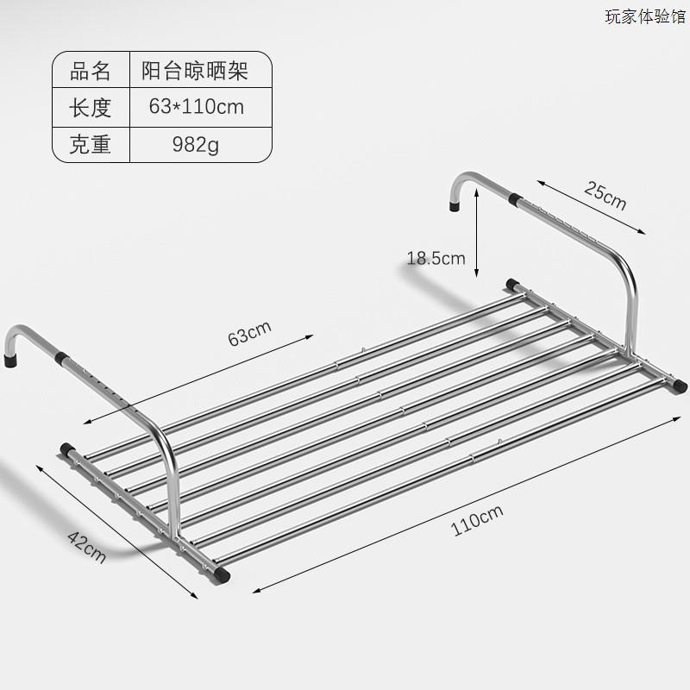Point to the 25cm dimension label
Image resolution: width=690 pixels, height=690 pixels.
[605, 198]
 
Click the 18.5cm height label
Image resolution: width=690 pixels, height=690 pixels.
[436, 257]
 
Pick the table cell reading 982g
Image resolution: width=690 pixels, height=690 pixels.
[196, 144]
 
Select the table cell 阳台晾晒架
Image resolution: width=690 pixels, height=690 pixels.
[195, 71]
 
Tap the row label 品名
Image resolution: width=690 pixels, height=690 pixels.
[91, 71]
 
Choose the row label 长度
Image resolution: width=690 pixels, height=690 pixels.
[91, 107]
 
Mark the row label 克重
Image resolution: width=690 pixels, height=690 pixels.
[91, 144]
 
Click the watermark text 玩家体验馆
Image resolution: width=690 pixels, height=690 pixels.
[645, 16]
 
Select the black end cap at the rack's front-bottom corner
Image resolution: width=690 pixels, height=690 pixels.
[223, 571]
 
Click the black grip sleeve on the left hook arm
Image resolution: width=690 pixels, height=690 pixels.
[62, 357]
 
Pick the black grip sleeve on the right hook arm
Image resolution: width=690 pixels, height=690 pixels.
[515, 199]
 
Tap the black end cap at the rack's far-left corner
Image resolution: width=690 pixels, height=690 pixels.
[66, 448]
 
